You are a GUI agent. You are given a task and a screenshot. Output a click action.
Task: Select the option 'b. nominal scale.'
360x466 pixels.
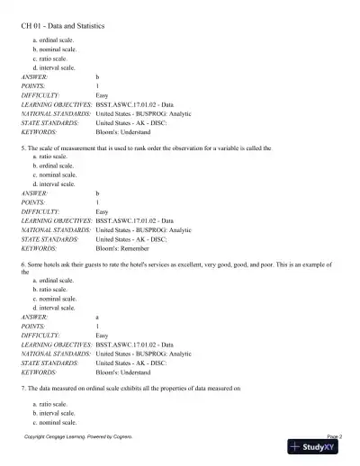(53, 50)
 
